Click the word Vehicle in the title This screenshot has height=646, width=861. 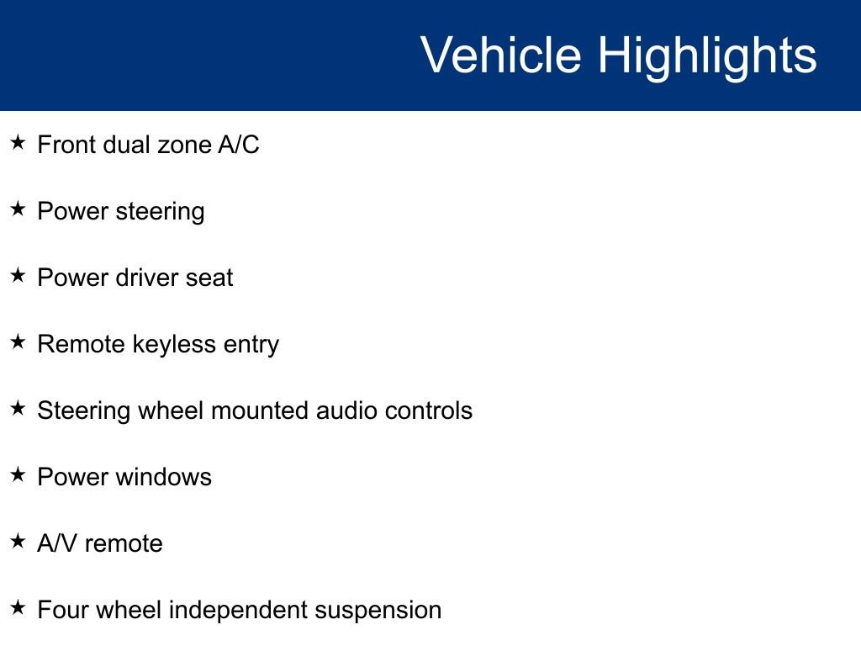point(501,55)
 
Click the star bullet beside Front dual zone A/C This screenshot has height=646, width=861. point(18,143)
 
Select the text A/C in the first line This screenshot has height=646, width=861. point(238,145)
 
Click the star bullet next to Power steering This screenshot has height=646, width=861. point(18,209)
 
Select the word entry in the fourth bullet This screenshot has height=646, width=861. point(251,346)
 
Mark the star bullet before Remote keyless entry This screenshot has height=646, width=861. point(18,342)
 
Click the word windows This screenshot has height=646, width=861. point(163,477)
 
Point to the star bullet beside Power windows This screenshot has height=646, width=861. point(18,475)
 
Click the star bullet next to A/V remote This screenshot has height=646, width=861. point(18,542)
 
